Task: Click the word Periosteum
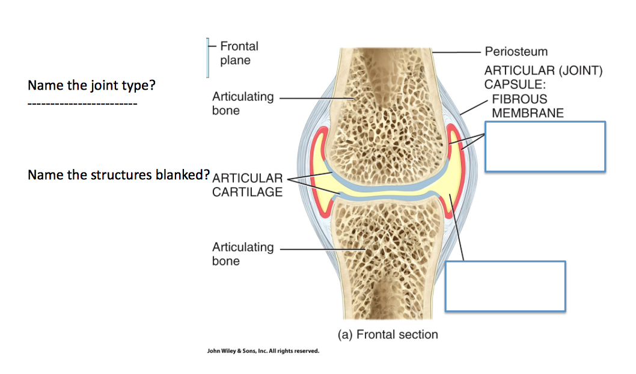(x=516, y=52)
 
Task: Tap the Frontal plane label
(x=239, y=53)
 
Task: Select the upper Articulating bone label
(x=242, y=103)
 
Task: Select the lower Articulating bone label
(x=242, y=254)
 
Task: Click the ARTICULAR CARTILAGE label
(x=247, y=185)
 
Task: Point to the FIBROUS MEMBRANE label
(x=528, y=106)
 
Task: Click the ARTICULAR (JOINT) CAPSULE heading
(x=543, y=78)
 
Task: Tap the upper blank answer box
(x=545, y=147)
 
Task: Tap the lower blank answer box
(x=505, y=286)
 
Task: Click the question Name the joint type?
(x=91, y=85)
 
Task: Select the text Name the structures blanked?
(x=118, y=175)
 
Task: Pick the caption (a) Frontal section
(x=388, y=334)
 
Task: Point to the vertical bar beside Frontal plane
(x=208, y=58)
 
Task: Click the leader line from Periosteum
(x=457, y=52)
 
